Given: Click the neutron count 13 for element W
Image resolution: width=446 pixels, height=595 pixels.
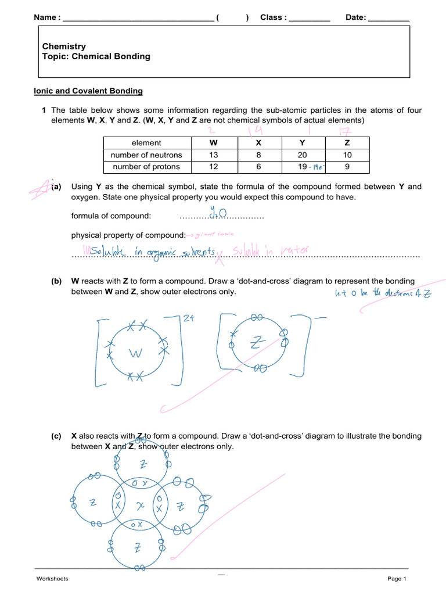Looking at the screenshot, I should pyautogui.click(x=214, y=155).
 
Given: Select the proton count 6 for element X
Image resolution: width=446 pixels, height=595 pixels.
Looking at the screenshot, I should pyautogui.click(x=258, y=167).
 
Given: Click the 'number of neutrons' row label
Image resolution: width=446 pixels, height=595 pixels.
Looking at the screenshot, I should pyautogui.click(x=147, y=155).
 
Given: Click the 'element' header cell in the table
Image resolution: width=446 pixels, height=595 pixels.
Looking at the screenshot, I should pyautogui.click(x=147, y=142).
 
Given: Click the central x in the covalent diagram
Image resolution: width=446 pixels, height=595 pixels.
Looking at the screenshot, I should pyautogui.click(x=139, y=506).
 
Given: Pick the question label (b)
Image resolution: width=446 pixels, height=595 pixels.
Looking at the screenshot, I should pyautogui.click(x=56, y=281).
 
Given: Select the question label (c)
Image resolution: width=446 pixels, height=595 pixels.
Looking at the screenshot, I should pyautogui.click(x=56, y=436).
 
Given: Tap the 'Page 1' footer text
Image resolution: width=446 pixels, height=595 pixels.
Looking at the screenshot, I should pyautogui.click(x=397, y=579).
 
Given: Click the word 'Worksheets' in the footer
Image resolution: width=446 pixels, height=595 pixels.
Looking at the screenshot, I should pyautogui.click(x=52, y=579).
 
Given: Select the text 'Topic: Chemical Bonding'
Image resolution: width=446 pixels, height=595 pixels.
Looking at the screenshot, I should pyautogui.click(x=96, y=57).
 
